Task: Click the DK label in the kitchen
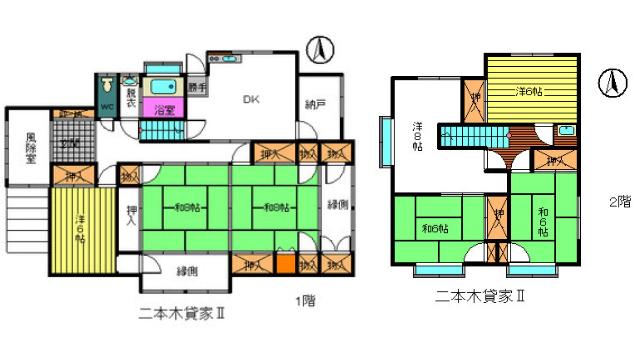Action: point(252,99)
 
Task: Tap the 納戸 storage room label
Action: point(317,103)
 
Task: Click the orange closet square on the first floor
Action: point(285,266)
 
